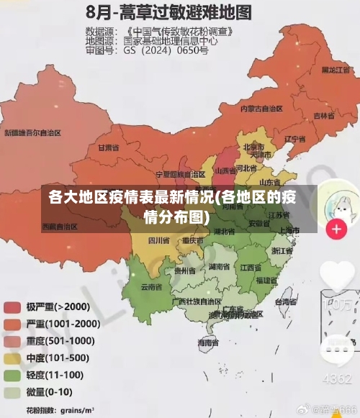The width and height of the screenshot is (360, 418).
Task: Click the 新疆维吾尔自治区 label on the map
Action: coord(32,133)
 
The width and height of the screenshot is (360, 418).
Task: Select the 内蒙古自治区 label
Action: coord(261,109)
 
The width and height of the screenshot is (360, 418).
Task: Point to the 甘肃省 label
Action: coord(107,147)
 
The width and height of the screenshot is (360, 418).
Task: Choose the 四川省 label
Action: coord(158,240)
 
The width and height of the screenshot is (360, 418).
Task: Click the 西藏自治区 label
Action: coord(60,227)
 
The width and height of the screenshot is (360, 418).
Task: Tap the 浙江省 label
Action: coord(282,251)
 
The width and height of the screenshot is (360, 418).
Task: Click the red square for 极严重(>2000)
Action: coord(12,307)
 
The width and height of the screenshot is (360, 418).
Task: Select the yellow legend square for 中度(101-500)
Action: coord(12,358)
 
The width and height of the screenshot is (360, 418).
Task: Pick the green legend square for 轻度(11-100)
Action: coord(12,375)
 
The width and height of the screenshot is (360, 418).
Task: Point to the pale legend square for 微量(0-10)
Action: coord(12,392)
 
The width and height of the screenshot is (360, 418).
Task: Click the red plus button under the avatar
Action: coord(336,230)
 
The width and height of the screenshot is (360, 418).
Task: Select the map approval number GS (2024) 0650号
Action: coord(166,51)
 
